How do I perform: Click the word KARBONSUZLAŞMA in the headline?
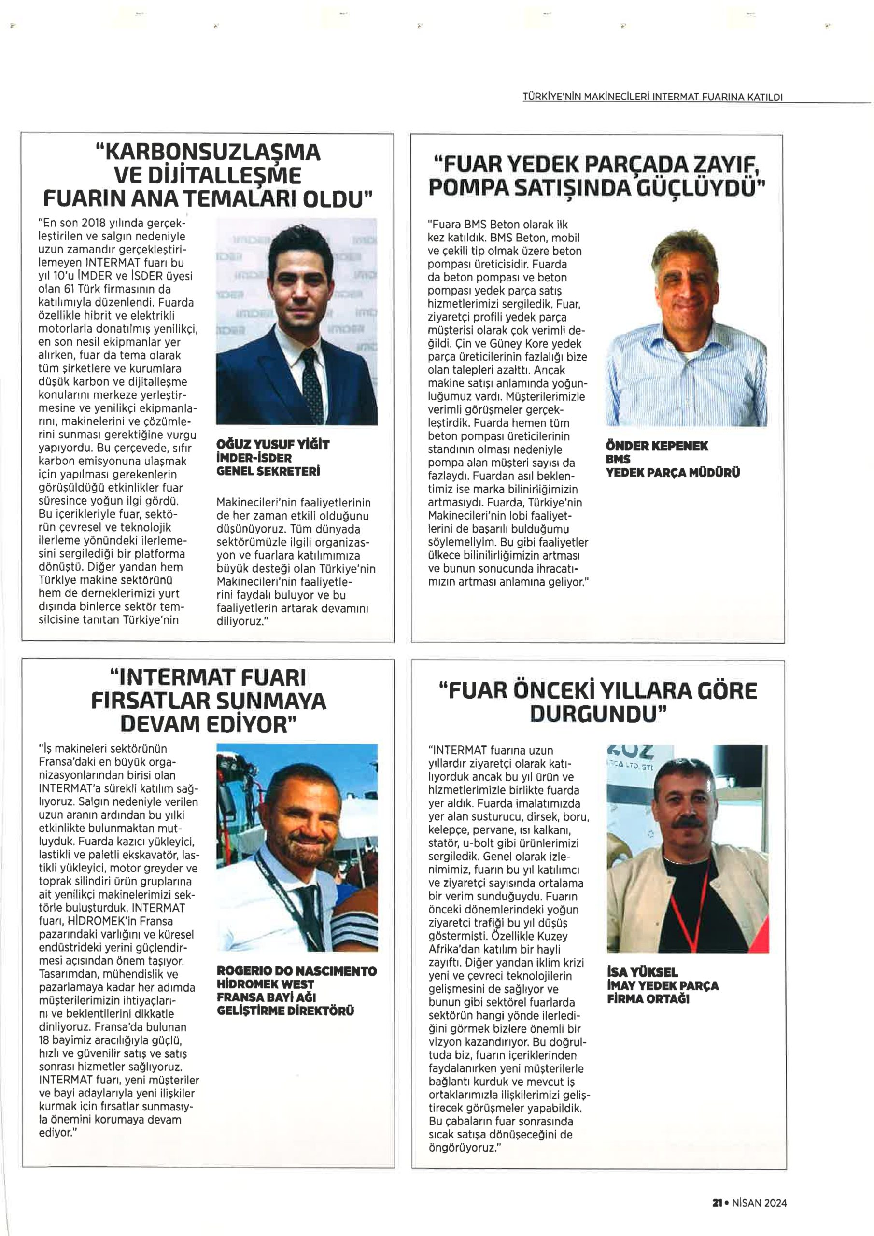207,153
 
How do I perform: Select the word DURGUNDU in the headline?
597,714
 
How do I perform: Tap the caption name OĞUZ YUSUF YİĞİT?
272,445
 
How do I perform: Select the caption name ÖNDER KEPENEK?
657,446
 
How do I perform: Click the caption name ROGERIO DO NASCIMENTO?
296,971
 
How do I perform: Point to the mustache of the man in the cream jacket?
689,823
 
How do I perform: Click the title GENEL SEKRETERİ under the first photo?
268,471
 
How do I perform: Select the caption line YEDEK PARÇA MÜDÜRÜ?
673,473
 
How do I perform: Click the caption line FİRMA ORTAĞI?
648,999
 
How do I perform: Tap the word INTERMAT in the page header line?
675,98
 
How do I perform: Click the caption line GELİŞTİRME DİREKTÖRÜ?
285,1011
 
